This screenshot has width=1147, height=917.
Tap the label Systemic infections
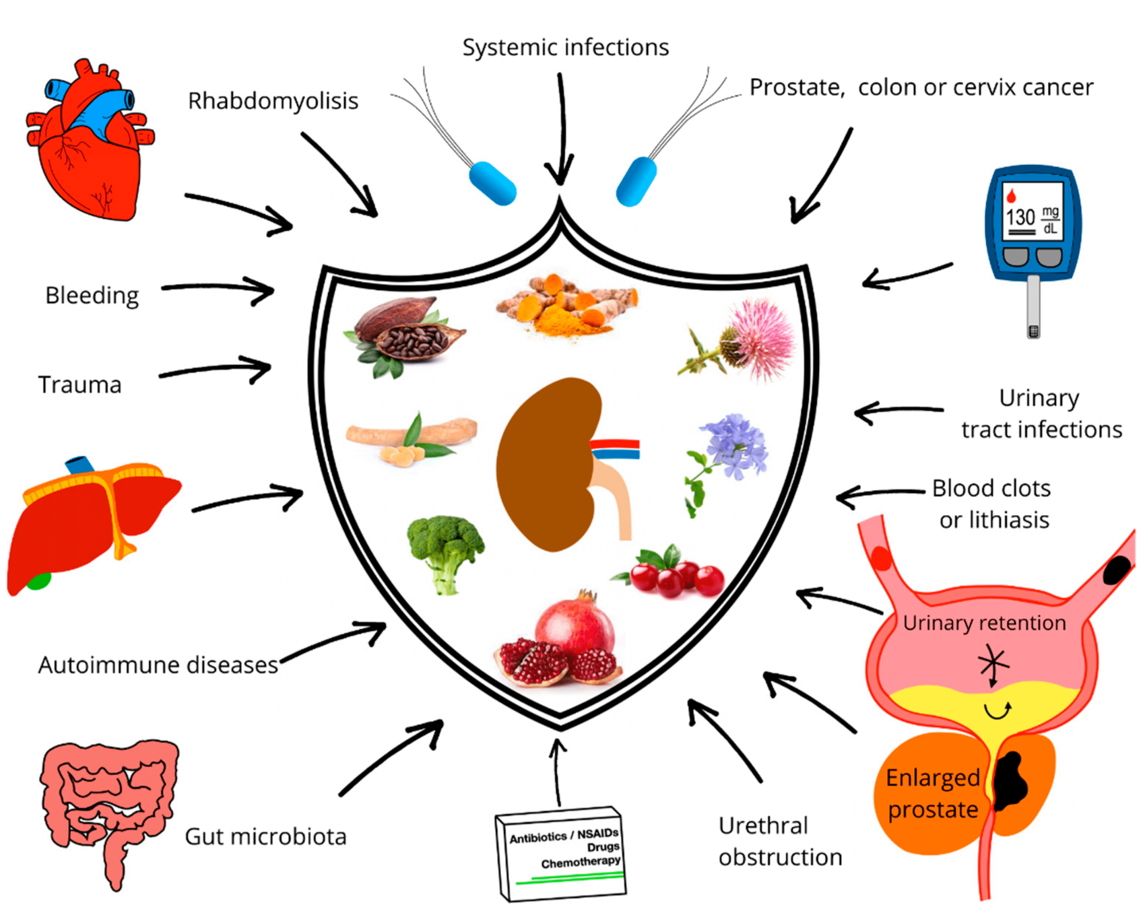[x=565, y=48]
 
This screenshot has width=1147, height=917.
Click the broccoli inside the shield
[x=446, y=551]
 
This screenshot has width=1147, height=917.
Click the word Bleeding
[x=92, y=296]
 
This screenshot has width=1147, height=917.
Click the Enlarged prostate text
[x=932, y=794]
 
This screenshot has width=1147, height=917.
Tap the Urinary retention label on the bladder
[x=984, y=623]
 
